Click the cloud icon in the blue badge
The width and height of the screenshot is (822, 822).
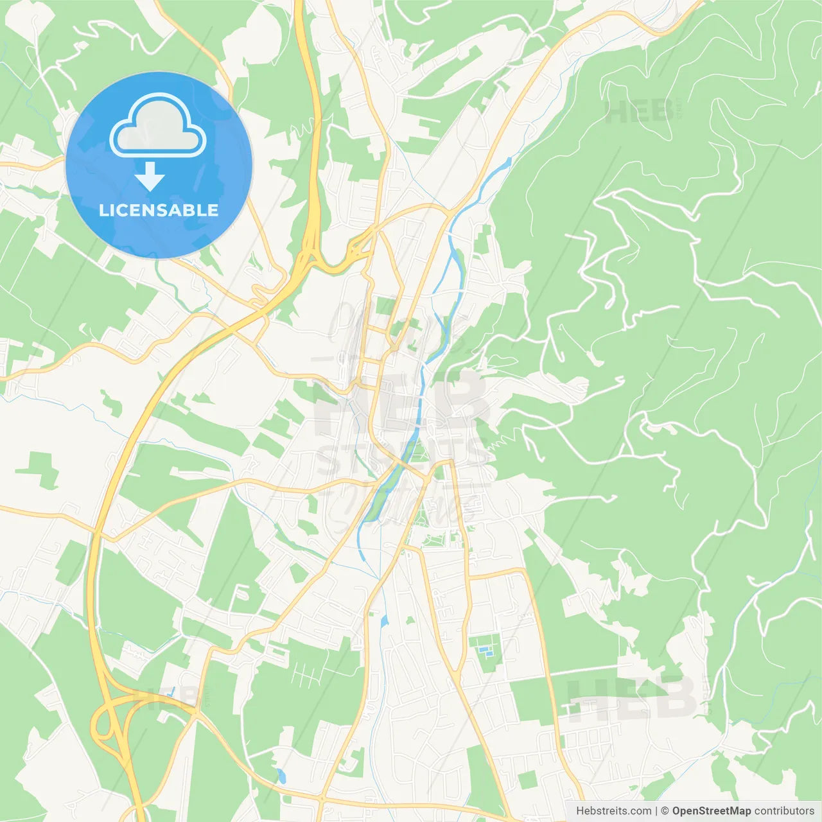(158, 126)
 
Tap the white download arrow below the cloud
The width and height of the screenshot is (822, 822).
(150, 177)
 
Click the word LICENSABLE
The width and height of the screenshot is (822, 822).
(159, 210)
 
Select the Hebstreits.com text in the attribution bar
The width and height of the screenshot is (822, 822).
(613, 811)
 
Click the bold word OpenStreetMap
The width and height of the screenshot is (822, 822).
(711, 811)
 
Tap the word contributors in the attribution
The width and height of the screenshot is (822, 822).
(784, 811)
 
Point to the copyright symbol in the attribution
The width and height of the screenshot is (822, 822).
(665, 811)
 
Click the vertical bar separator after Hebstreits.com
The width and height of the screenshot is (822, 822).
(656, 811)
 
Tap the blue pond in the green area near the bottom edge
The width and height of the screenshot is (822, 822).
(281, 776)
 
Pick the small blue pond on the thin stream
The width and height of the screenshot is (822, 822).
(384, 621)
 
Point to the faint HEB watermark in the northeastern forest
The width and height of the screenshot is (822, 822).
(639, 112)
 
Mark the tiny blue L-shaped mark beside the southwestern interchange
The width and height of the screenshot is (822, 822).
(171, 692)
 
